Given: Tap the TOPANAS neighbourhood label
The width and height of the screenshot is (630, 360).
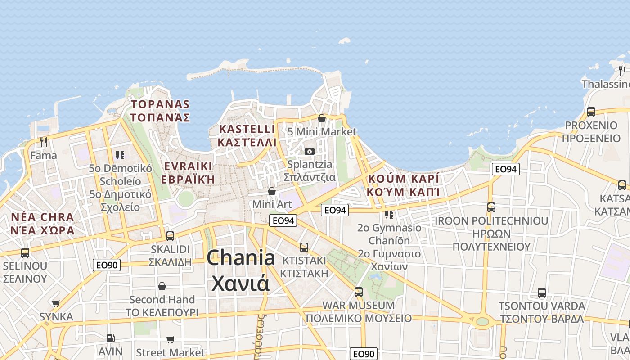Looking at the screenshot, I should coord(160,104).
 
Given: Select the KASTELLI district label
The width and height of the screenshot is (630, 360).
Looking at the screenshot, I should coord(247,129).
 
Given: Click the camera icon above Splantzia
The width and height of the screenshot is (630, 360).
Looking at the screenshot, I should coord(310,151).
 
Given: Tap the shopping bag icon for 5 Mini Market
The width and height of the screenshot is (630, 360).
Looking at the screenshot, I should coord(322,118).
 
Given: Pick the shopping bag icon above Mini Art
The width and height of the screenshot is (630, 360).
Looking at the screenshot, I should coord(272,191).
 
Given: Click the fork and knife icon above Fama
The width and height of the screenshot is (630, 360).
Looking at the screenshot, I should coord(44,142).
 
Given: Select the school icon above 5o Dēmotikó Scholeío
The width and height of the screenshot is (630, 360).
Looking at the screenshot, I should coord(120,155).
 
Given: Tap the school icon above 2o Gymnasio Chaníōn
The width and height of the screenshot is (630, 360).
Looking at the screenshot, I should coord(389,214).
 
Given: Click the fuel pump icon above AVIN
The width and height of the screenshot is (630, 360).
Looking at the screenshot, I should coord(110,338).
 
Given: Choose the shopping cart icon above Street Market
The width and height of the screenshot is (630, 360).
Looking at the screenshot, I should coord(170,339).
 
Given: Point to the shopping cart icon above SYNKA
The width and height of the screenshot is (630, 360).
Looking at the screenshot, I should coord(56,303).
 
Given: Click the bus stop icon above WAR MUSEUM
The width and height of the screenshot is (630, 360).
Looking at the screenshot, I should coord(359,292).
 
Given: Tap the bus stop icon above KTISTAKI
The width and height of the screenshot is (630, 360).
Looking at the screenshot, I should coord(304,247).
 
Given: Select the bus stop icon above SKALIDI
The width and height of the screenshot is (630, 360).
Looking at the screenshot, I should coord(170,236).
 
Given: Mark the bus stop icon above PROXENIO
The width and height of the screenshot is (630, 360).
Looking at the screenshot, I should coord(591,112).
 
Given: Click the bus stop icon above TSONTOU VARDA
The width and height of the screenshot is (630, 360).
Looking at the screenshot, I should coord(542,293).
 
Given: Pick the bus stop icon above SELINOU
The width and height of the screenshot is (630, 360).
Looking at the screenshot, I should coord(25,252).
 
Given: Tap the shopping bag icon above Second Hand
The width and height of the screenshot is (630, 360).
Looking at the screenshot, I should coord(162,286).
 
